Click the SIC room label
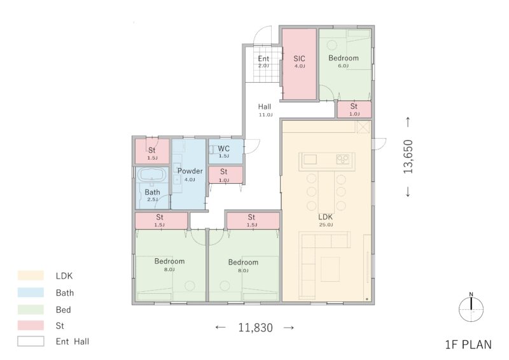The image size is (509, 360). click(299, 59)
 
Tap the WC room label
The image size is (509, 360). click(224, 149)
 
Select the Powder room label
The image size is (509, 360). click(190, 171)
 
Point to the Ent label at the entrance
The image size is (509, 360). click(263, 59)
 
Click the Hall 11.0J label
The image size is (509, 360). click(265, 110)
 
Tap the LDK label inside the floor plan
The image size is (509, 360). click(325, 217)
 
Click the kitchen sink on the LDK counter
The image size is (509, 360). click(310, 160)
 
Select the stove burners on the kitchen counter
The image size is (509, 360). click(343, 159)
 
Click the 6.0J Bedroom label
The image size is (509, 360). click(344, 61)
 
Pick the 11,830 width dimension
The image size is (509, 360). click(256, 328)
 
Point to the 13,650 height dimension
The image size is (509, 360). click(408, 156)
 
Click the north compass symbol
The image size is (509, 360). click(471, 308)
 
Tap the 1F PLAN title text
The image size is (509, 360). click(468, 345)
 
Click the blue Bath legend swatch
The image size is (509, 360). click(31, 293)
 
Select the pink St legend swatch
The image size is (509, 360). click(31, 325)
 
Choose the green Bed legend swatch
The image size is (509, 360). click(31, 309)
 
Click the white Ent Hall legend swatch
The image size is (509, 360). click(31, 341)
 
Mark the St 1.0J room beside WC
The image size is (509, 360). click(225, 175)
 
